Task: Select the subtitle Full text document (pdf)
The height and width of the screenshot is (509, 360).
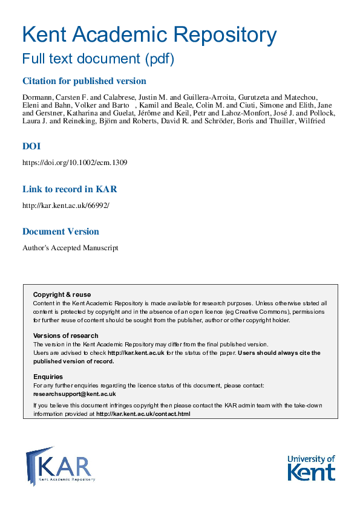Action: (x=98, y=59)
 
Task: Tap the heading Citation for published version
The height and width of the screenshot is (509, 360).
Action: (x=84, y=81)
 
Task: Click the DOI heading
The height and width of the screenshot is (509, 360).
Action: (x=31, y=146)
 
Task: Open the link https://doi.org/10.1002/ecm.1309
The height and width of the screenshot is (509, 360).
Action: (x=74, y=163)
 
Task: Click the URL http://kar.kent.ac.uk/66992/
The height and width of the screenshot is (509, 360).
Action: (x=66, y=205)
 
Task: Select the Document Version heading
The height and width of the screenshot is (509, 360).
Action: (x=61, y=232)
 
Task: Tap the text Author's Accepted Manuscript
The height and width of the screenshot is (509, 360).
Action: (x=70, y=247)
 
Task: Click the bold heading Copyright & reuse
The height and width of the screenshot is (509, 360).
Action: (x=58, y=294)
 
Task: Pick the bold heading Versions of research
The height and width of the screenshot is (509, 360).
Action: (x=65, y=336)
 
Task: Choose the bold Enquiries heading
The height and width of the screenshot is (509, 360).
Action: (x=48, y=377)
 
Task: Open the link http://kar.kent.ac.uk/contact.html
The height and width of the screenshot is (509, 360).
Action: (x=143, y=414)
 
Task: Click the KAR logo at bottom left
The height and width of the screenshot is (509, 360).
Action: (x=61, y=465)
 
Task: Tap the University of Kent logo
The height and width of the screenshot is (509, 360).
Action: (x=311, y=467)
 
